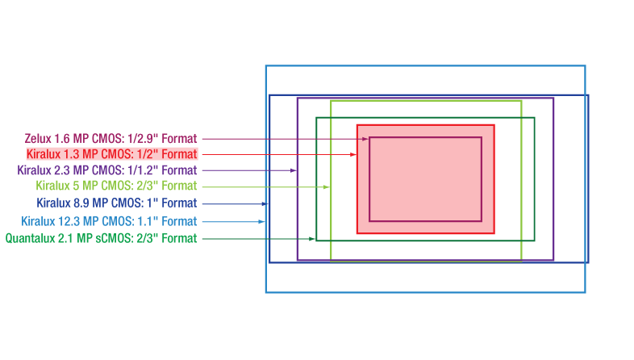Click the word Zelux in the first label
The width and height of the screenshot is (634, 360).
click(38, 139)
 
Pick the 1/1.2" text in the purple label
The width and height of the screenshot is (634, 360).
click(142, 170)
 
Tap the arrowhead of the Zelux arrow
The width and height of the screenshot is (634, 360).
click(365, 139)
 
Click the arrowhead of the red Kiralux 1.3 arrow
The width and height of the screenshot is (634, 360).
click(353, 154)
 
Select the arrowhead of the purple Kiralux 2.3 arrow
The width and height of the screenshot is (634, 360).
click(294, 170)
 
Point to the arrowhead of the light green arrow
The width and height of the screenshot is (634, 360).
click(327, 187)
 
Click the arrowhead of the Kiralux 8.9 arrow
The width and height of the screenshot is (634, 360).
click(265, 204)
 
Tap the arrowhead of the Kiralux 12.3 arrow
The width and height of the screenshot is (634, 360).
click(261, 222)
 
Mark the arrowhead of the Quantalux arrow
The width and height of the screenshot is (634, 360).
click(311, 239)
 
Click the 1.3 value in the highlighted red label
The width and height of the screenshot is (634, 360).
click(72, 154)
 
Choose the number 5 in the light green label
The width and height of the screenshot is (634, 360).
click(77, 186)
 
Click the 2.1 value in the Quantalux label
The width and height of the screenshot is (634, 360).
click(65, 238)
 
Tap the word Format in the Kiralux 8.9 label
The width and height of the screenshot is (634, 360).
click(179, 203)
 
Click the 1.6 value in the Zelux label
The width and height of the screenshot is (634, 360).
click(62, 139)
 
